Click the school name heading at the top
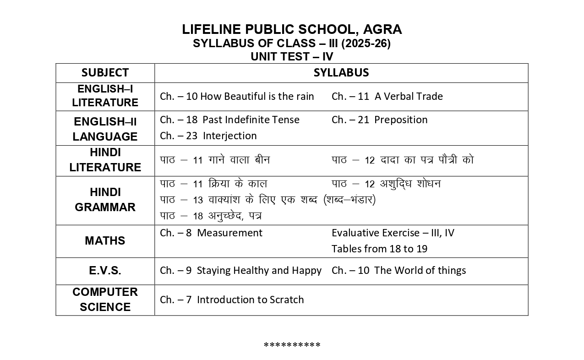292,29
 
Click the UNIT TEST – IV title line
292,57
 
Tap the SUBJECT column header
105,73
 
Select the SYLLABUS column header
341,73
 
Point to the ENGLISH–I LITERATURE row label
105,96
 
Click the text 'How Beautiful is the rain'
257,97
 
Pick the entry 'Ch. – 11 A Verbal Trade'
387,97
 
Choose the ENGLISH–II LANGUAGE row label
105,129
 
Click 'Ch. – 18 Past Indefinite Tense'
229,120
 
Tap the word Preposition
401,120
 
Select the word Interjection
229,136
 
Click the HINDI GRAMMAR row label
105,200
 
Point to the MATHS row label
105,241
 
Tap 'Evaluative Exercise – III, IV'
393,233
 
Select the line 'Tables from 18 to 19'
379,249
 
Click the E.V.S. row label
105,271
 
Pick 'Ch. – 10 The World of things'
398,271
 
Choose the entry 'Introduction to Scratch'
250,300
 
